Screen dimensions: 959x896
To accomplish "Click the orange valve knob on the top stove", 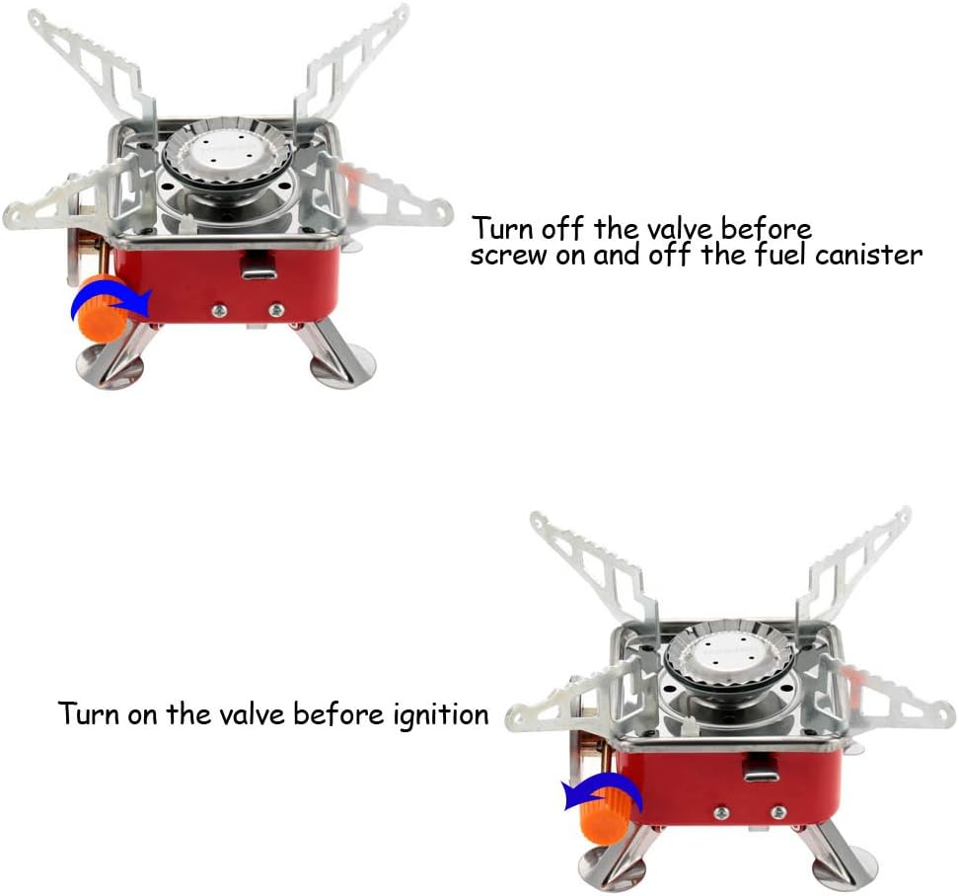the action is pyautogui.click(x=103, y=308).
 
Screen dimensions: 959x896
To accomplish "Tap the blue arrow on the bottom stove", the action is pyautogui.click(x=603, y=792).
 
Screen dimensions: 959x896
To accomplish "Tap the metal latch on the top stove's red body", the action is pyautogui.click(x=258, y=266).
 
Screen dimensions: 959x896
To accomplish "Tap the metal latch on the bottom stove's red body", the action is pyautogui.click(x=762, y=769).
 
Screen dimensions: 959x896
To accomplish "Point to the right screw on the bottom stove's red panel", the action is pyautogui.click(x=778, y=812).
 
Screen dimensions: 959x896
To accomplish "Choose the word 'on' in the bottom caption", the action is pyautogui.click(x=142, y=715).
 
